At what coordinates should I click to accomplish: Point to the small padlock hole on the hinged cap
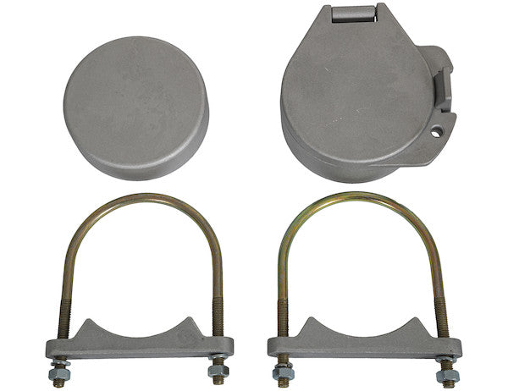tap(437, 132)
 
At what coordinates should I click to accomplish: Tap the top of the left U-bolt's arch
tap(141, 201)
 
